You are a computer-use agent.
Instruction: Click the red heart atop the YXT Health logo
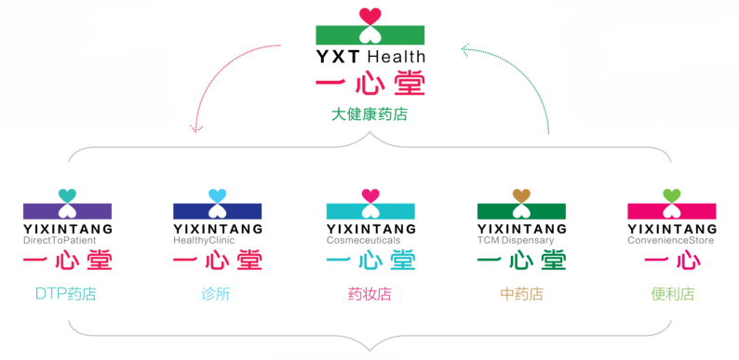coord(370,16)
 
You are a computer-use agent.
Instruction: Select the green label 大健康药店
coord(369,116)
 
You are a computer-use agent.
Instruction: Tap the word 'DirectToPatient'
coord(59,240)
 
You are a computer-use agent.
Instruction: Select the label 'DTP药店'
coord(65,295)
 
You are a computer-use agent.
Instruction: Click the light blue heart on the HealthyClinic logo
coord(218,195)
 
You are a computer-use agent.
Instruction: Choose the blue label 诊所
coord(216,295)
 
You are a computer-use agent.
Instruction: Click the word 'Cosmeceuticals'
coord(363,240)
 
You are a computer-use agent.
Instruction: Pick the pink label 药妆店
coord(369,295)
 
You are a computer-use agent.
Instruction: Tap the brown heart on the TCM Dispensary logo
coord(521,195)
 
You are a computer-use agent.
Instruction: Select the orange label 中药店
coord(521,295)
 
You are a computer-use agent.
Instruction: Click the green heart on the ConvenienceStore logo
coord(672,195)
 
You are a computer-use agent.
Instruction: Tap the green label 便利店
coord(672,295)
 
